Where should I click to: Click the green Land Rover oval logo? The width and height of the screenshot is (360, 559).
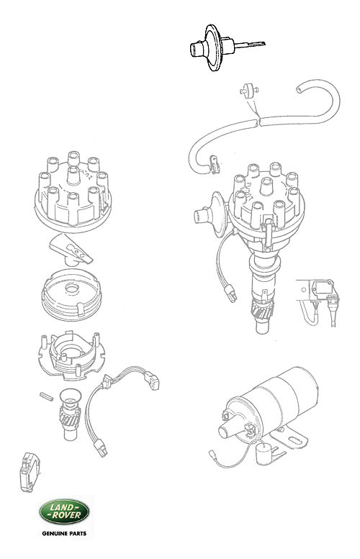click(x=64, y=512)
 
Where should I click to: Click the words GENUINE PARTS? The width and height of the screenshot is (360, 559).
click(x=64, y=534)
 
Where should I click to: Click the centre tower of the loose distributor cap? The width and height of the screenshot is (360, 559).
click(x=73, y=175)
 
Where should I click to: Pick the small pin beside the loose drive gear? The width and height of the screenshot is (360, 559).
click(x=46, y=396)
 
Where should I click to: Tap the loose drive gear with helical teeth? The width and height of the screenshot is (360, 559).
click(x=70, y=414)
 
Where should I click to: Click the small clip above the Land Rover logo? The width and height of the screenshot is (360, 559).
click(x=30, y=472)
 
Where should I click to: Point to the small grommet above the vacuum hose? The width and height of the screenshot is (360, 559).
click(x=248, y=91)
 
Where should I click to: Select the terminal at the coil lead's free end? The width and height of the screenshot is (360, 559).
click(x=212, y=454)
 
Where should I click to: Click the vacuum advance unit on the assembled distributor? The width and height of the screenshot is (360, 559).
click(x=210, y=214)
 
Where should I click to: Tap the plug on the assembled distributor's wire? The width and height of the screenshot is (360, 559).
click(x=230, y=293)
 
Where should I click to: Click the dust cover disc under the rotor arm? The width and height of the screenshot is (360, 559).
click(x=72, y=294)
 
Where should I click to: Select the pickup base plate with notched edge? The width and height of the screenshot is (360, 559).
click(x=71, y=355)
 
